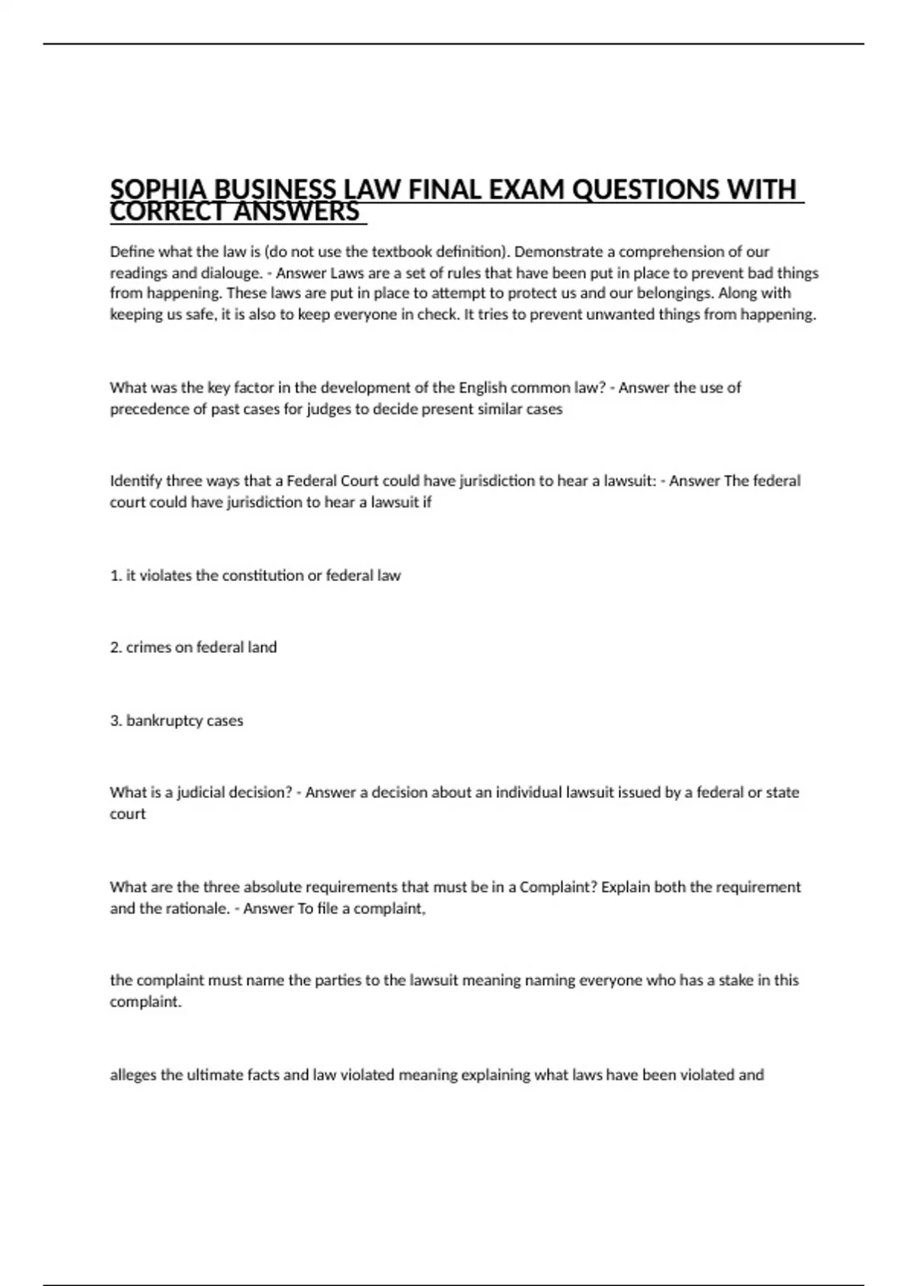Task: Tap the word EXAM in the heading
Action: (527, 189)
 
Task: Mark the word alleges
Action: (133, 1075)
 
